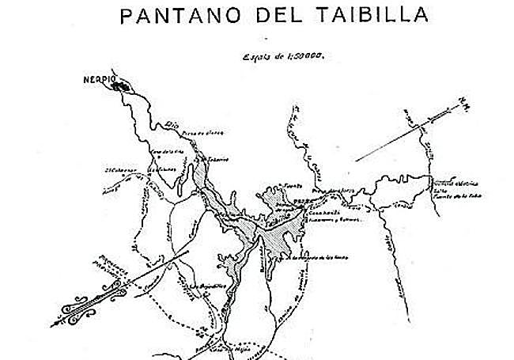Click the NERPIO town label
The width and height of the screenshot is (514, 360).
pos(96,80)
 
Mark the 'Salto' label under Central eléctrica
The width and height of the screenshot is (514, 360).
pos(437,189)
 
